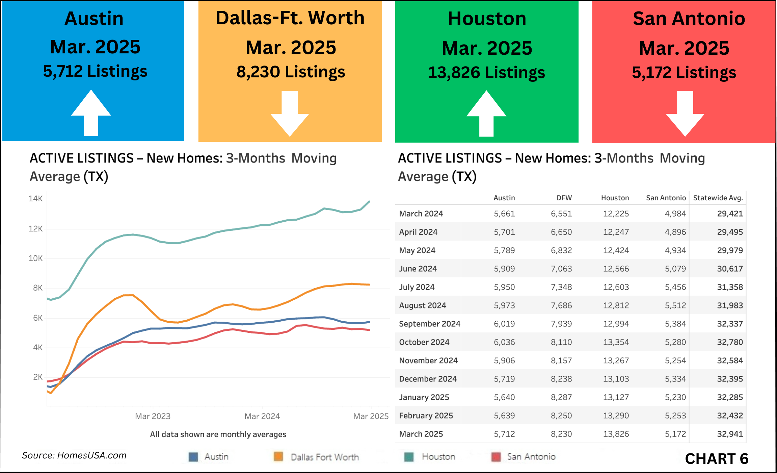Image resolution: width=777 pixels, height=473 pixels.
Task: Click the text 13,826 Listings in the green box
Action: (x=486, y=72)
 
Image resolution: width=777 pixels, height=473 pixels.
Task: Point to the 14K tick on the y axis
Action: (x=35, y=199)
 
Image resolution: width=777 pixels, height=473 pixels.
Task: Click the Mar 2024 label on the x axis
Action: (x=262, y=416)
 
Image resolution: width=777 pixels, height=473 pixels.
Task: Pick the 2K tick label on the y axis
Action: (x=37, y=377)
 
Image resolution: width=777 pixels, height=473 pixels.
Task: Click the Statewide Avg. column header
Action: (x=718, y=198)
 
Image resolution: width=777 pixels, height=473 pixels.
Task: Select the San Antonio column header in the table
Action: (x=666, y=198)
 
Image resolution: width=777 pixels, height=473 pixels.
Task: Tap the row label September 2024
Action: (x=429, y=324)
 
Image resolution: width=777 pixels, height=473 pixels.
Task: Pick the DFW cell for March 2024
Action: (x=561, y=214)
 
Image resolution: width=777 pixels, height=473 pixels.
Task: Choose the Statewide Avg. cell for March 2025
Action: (x=730, y=434)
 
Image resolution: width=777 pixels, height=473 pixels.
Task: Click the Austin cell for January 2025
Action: (x=504, y=397)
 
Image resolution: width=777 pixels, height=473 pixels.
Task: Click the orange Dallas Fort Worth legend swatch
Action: (x=278, y=457)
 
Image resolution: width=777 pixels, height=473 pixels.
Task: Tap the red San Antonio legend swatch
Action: (x=496, y=457)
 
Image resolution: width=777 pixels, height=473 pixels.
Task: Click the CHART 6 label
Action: (x=717, y=459)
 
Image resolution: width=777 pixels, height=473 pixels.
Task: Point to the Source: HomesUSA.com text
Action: (x=74, y=455)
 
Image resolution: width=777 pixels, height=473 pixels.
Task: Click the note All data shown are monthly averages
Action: (x=218, y=434)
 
